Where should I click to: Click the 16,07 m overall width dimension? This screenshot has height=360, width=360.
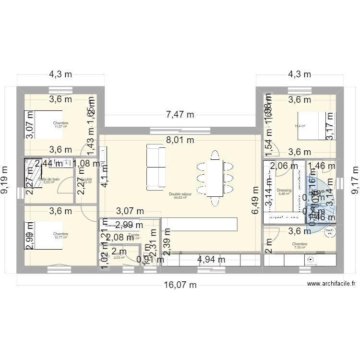pyautogui.click(x=180, y=285)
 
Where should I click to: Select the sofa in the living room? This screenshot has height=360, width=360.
pyautogui.click(x=155, y=166)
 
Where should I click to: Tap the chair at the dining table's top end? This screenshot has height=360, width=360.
pyautogui.click(x=215, y=155)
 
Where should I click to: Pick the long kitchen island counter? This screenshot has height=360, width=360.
pyautogui.click(x=199, y=224)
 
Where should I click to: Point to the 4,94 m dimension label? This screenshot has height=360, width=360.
pyautogui.click(x=212, y=260)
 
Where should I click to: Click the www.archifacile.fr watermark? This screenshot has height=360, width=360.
pyautogui.click(x=332, y=284)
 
